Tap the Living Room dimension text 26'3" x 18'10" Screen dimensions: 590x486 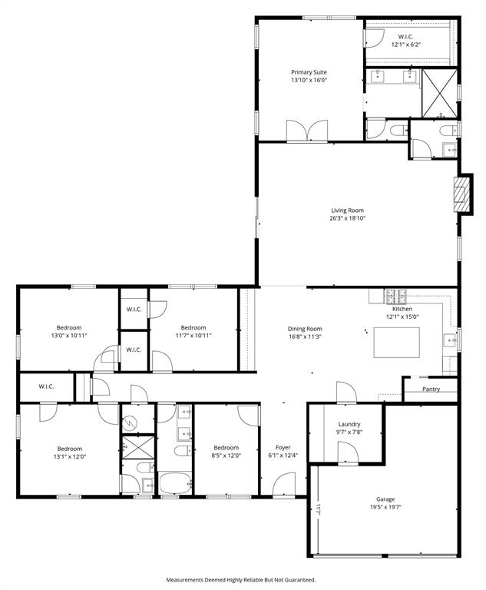coord(348,218)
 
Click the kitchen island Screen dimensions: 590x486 coord(398,343)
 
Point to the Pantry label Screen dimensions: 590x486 coord(431,389)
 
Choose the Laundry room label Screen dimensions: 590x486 coord(349,424)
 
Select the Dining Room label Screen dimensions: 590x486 coord(304,328)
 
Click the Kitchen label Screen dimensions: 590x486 coord(402,309)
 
